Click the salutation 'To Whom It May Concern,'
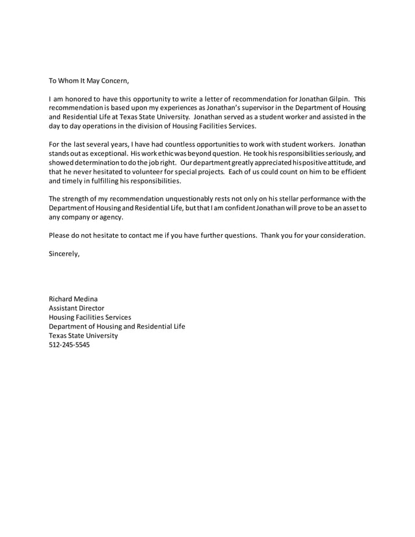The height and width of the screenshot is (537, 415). click(x=90, y=81)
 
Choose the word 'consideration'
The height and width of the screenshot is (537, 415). click(x=341, y=234)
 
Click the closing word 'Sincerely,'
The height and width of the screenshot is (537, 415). click(x=65, y=254)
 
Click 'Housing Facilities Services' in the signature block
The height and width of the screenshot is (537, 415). click(x=90, y=317)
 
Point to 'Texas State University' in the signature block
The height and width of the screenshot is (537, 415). click(x=83, y=336)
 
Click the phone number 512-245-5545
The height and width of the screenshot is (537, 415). click(x=70, y=345)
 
